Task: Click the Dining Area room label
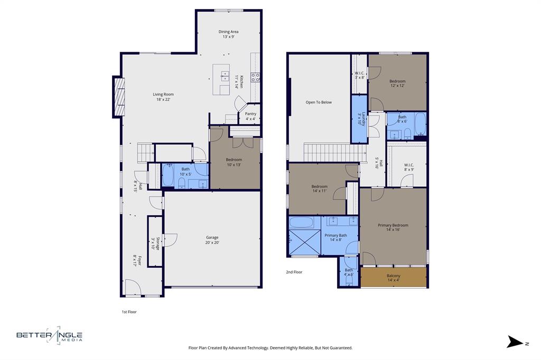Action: pos(228,34)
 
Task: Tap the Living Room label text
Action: pos(163,97)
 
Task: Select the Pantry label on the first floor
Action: pos(250,116)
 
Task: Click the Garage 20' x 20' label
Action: pos(212,240)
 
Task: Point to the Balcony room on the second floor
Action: pos(393,278)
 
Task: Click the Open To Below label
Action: pos(319,102)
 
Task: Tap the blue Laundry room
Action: pos(359,119)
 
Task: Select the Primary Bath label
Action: pos(335,238)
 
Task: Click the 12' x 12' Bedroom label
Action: pos(397,83)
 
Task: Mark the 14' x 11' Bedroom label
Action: pos(319,188)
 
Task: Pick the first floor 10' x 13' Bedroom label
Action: pos(234,162)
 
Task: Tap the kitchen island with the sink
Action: pos(221,80)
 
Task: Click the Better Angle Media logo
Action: pos(49,335)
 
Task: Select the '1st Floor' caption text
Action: pos(129,312)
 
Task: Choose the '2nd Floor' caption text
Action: pos(294,272)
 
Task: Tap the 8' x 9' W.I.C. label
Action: pos(409,167)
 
